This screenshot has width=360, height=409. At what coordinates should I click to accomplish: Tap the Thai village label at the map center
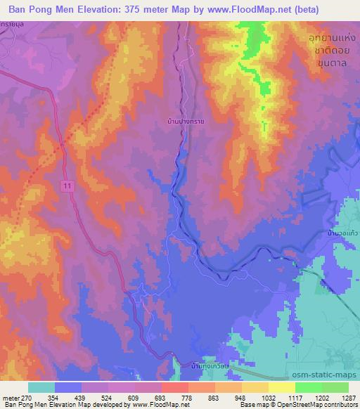click(x=181, y=121)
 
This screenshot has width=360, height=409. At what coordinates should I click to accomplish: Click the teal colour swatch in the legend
click(x=41, y=387)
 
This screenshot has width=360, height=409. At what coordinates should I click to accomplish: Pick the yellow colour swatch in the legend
click(x=282, y=387)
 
